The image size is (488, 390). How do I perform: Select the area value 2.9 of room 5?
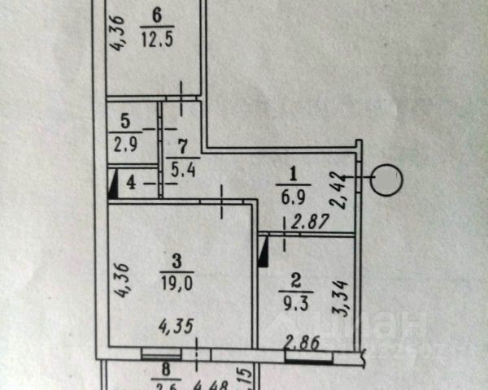point(124,138)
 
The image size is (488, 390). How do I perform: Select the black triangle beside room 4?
point(112,182)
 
